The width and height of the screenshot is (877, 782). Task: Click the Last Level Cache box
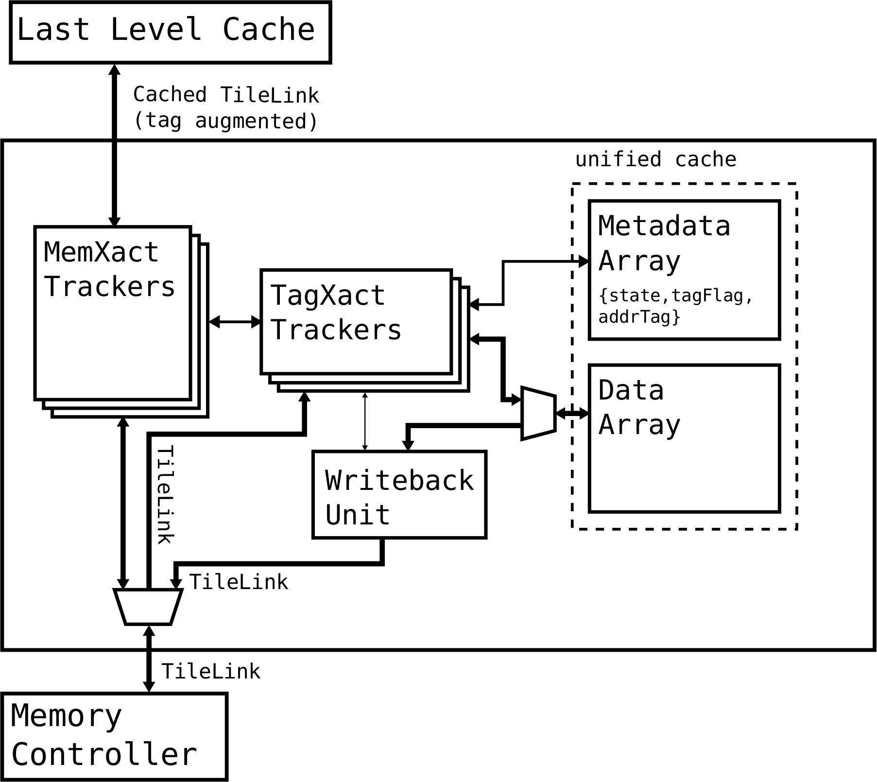click(170, 32)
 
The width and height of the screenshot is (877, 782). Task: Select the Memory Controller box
click(114, 736)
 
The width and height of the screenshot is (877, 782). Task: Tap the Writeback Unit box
click(399, 495)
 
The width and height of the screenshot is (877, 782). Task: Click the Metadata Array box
click(684, 269)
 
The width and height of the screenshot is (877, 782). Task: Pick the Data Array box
click(684, 438)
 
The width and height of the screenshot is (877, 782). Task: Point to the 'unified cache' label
click(655, 159)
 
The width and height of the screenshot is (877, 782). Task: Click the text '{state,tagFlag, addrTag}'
click(675, 306)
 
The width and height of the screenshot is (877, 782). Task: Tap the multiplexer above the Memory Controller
click(148, 607)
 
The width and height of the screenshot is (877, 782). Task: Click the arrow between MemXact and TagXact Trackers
click(235, 321)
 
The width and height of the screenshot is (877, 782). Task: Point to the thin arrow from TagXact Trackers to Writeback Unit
click(365, 421)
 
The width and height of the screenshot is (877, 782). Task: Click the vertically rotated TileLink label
click(166, 495)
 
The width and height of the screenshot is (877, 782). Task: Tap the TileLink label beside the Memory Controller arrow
click(211, 672)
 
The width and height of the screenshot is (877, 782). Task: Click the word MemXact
click(101, 252)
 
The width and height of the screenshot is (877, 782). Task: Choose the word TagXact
click(328, 295)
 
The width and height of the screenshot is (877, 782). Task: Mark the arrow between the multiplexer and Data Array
click(572, 414)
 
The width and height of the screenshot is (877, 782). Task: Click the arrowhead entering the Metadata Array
click(583, 261)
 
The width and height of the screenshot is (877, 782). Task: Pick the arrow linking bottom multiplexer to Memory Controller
click(149, 659)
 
